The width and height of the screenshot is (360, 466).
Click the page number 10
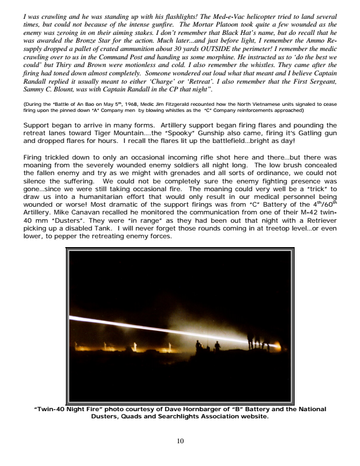pos(180,442)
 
